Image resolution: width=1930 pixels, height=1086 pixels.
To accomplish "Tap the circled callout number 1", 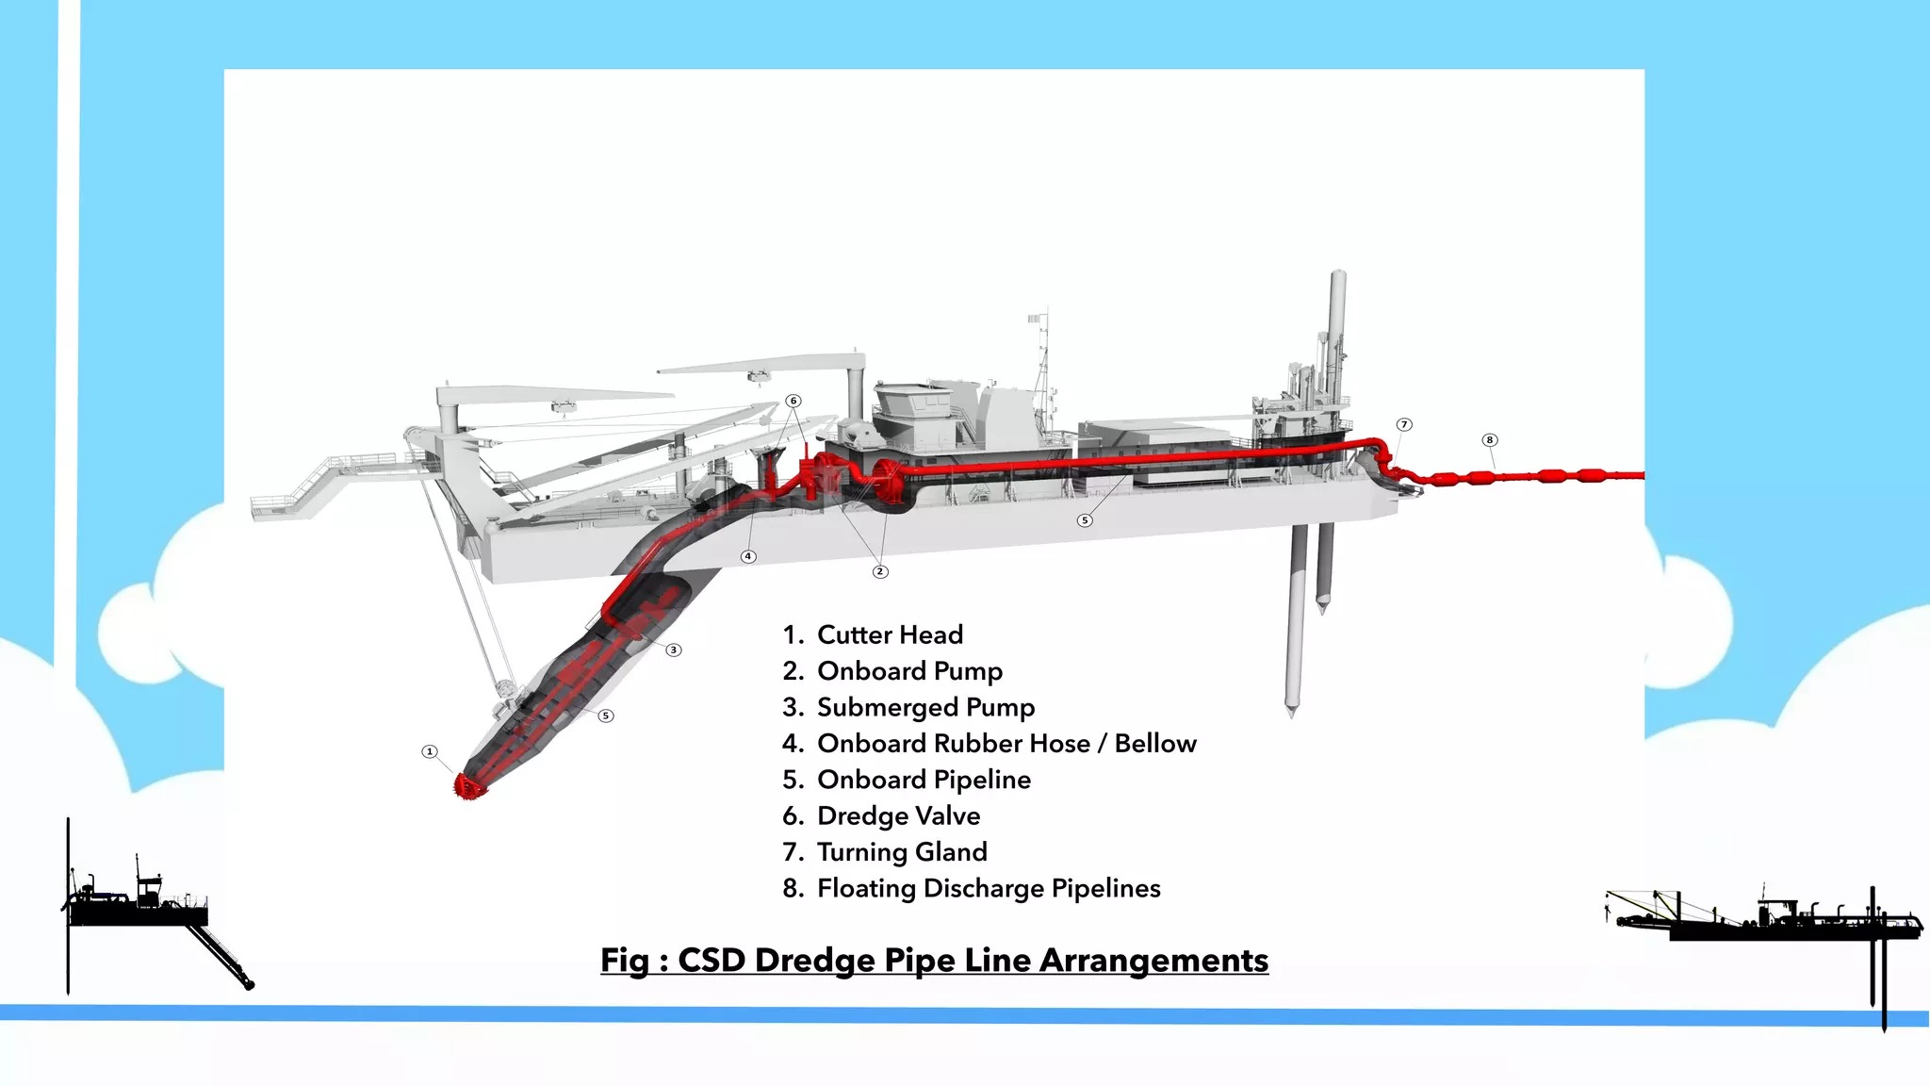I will tap(430, 751).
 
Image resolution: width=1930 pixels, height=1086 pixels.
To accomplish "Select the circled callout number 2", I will tap(880, 571).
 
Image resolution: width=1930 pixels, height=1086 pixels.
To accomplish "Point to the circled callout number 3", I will tap(674, 650).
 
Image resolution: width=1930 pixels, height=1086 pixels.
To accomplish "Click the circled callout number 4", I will tap(748, 556).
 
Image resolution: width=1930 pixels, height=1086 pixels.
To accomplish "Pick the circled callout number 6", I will tap(793, 401).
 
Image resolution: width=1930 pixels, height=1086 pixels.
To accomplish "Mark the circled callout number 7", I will tap(1404, 424).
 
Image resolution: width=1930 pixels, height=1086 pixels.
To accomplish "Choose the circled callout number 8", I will tap(1490, 439).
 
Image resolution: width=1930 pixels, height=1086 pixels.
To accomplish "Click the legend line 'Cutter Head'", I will tap(889, 634).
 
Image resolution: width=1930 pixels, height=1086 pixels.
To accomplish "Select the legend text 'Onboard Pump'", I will tap(908, 671).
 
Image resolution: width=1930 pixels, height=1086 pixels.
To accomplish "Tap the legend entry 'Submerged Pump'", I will tap(924, 707).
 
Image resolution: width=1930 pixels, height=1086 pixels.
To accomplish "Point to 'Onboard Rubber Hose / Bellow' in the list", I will tap(1006, 744).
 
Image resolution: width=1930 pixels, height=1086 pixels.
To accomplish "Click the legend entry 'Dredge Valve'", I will tap(898, 815).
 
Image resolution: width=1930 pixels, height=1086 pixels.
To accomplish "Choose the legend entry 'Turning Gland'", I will tap(901, 852).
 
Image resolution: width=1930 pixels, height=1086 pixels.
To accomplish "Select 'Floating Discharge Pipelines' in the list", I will tap(988, 888).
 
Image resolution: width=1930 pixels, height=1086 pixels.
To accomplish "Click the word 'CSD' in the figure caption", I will tap(712, 960).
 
